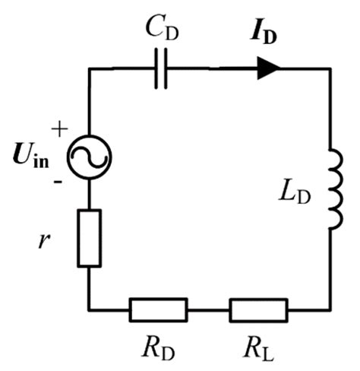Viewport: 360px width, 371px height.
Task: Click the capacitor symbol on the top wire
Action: (x=159, y=70)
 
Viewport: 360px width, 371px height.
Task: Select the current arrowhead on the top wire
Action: (x=267, y=69)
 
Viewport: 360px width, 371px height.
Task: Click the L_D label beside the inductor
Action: (x=292, y=199)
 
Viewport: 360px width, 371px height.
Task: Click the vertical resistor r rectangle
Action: (x=90, y=239)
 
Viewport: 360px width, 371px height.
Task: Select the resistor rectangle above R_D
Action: (x=158, y=309)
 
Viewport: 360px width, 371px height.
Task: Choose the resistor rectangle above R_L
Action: (x=258, y=309)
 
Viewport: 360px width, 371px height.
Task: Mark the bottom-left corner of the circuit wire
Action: (x=90, y=309)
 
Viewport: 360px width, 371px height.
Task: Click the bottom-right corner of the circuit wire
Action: (x=330, y=309)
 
